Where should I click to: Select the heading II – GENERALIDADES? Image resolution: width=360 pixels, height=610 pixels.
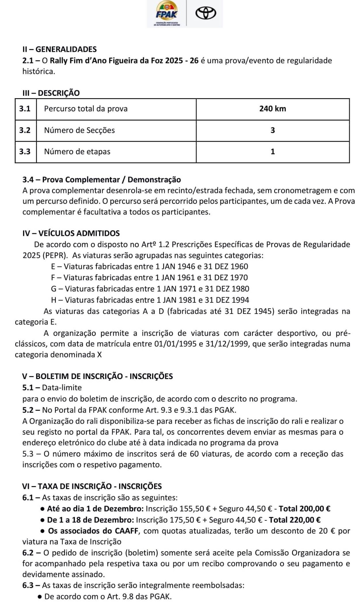point(59,49)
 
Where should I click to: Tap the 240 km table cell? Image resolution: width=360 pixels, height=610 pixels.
point(272,109)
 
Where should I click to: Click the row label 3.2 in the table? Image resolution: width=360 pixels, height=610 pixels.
point(25,130)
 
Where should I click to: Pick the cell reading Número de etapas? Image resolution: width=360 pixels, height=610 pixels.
point(77,152)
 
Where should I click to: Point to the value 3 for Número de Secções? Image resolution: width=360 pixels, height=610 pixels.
point(272,130)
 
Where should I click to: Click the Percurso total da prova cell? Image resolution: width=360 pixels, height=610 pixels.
point(86,109)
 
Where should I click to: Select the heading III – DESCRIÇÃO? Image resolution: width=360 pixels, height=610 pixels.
point(51,93)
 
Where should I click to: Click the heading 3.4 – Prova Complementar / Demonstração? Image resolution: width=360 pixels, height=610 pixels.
point(102,180)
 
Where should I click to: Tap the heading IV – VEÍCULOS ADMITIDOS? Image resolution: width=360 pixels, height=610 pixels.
point(71,233)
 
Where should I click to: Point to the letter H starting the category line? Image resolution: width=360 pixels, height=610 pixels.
point(54,300)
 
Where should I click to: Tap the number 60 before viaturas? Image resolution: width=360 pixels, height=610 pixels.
point(194,454)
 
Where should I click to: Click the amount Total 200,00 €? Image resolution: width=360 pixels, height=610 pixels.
point(304,509)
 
